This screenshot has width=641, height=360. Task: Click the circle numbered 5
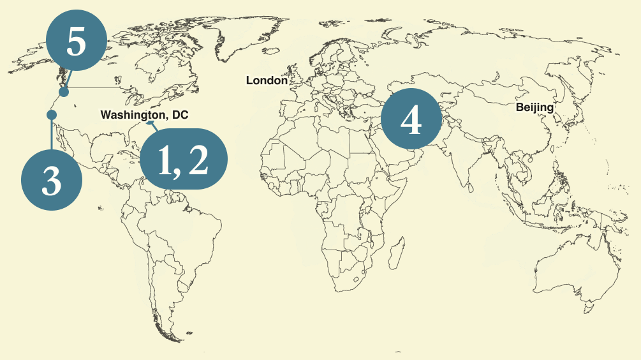coord(75,43)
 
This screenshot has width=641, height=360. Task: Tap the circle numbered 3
coord(52,181)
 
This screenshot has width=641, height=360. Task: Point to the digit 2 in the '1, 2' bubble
coord(198,160)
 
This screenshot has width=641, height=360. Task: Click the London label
coord(267,80)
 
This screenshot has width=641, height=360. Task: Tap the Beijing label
coord(534,107)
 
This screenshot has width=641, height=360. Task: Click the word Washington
coord(131,116)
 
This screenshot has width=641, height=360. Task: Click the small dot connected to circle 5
coord(64,93)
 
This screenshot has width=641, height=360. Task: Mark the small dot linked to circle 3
coord(52,115)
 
